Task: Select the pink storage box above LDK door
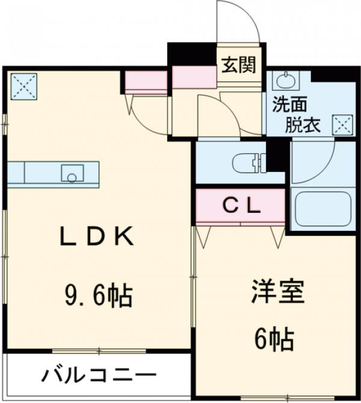point(146,81)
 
